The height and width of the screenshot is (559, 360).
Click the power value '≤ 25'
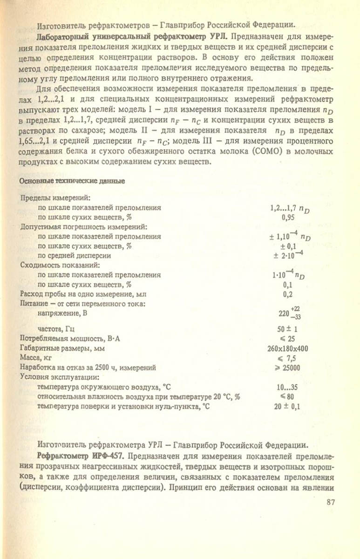point(289,339)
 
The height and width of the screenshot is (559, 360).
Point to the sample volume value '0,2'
point(289,294)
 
